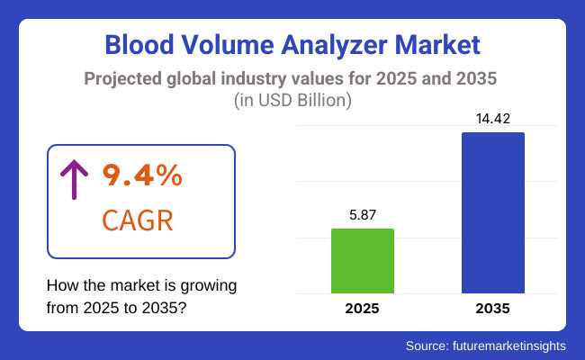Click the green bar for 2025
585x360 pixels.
(363, 261)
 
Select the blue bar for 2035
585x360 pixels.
(492, 212)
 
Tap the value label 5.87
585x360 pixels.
(363, 216)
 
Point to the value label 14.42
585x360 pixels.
(492, 120)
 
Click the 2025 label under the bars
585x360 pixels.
(363, 309)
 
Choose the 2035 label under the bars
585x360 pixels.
(492, 309)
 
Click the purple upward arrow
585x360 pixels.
(73, 181)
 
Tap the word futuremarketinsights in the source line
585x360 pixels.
(514, 346)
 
